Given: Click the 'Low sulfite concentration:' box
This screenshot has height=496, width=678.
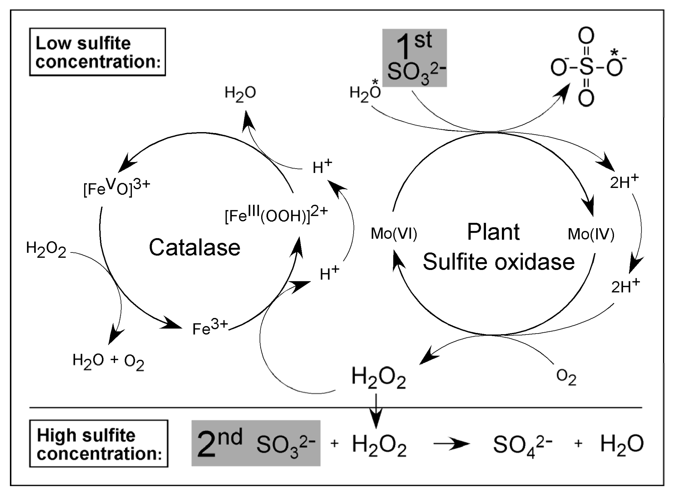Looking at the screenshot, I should click(x=97, y=52).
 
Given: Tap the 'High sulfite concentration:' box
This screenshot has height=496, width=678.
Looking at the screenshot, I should click(x=99, y=444).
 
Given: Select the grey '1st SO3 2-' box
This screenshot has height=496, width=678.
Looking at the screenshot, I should click(x=414, y=58).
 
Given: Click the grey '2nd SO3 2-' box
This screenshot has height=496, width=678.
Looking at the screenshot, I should click(x=256, y=443).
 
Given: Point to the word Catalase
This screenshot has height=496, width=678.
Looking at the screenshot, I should click(x=195, y=247).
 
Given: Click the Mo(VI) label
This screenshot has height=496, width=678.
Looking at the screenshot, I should click(x=394, y=234).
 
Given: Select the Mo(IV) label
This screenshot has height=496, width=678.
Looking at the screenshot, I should click(x=591, y=234).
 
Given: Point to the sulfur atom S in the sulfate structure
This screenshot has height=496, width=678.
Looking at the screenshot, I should click(x=586, y=67).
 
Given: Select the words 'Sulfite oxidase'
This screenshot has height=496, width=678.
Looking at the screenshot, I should click(x=499, y=262).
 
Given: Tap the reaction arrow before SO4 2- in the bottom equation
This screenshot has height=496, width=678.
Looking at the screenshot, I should click(x=451, y=444).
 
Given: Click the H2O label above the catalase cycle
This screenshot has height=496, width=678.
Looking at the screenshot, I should click(x=240, y=93).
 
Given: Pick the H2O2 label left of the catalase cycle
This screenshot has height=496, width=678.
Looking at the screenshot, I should click(x=46, y=249).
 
